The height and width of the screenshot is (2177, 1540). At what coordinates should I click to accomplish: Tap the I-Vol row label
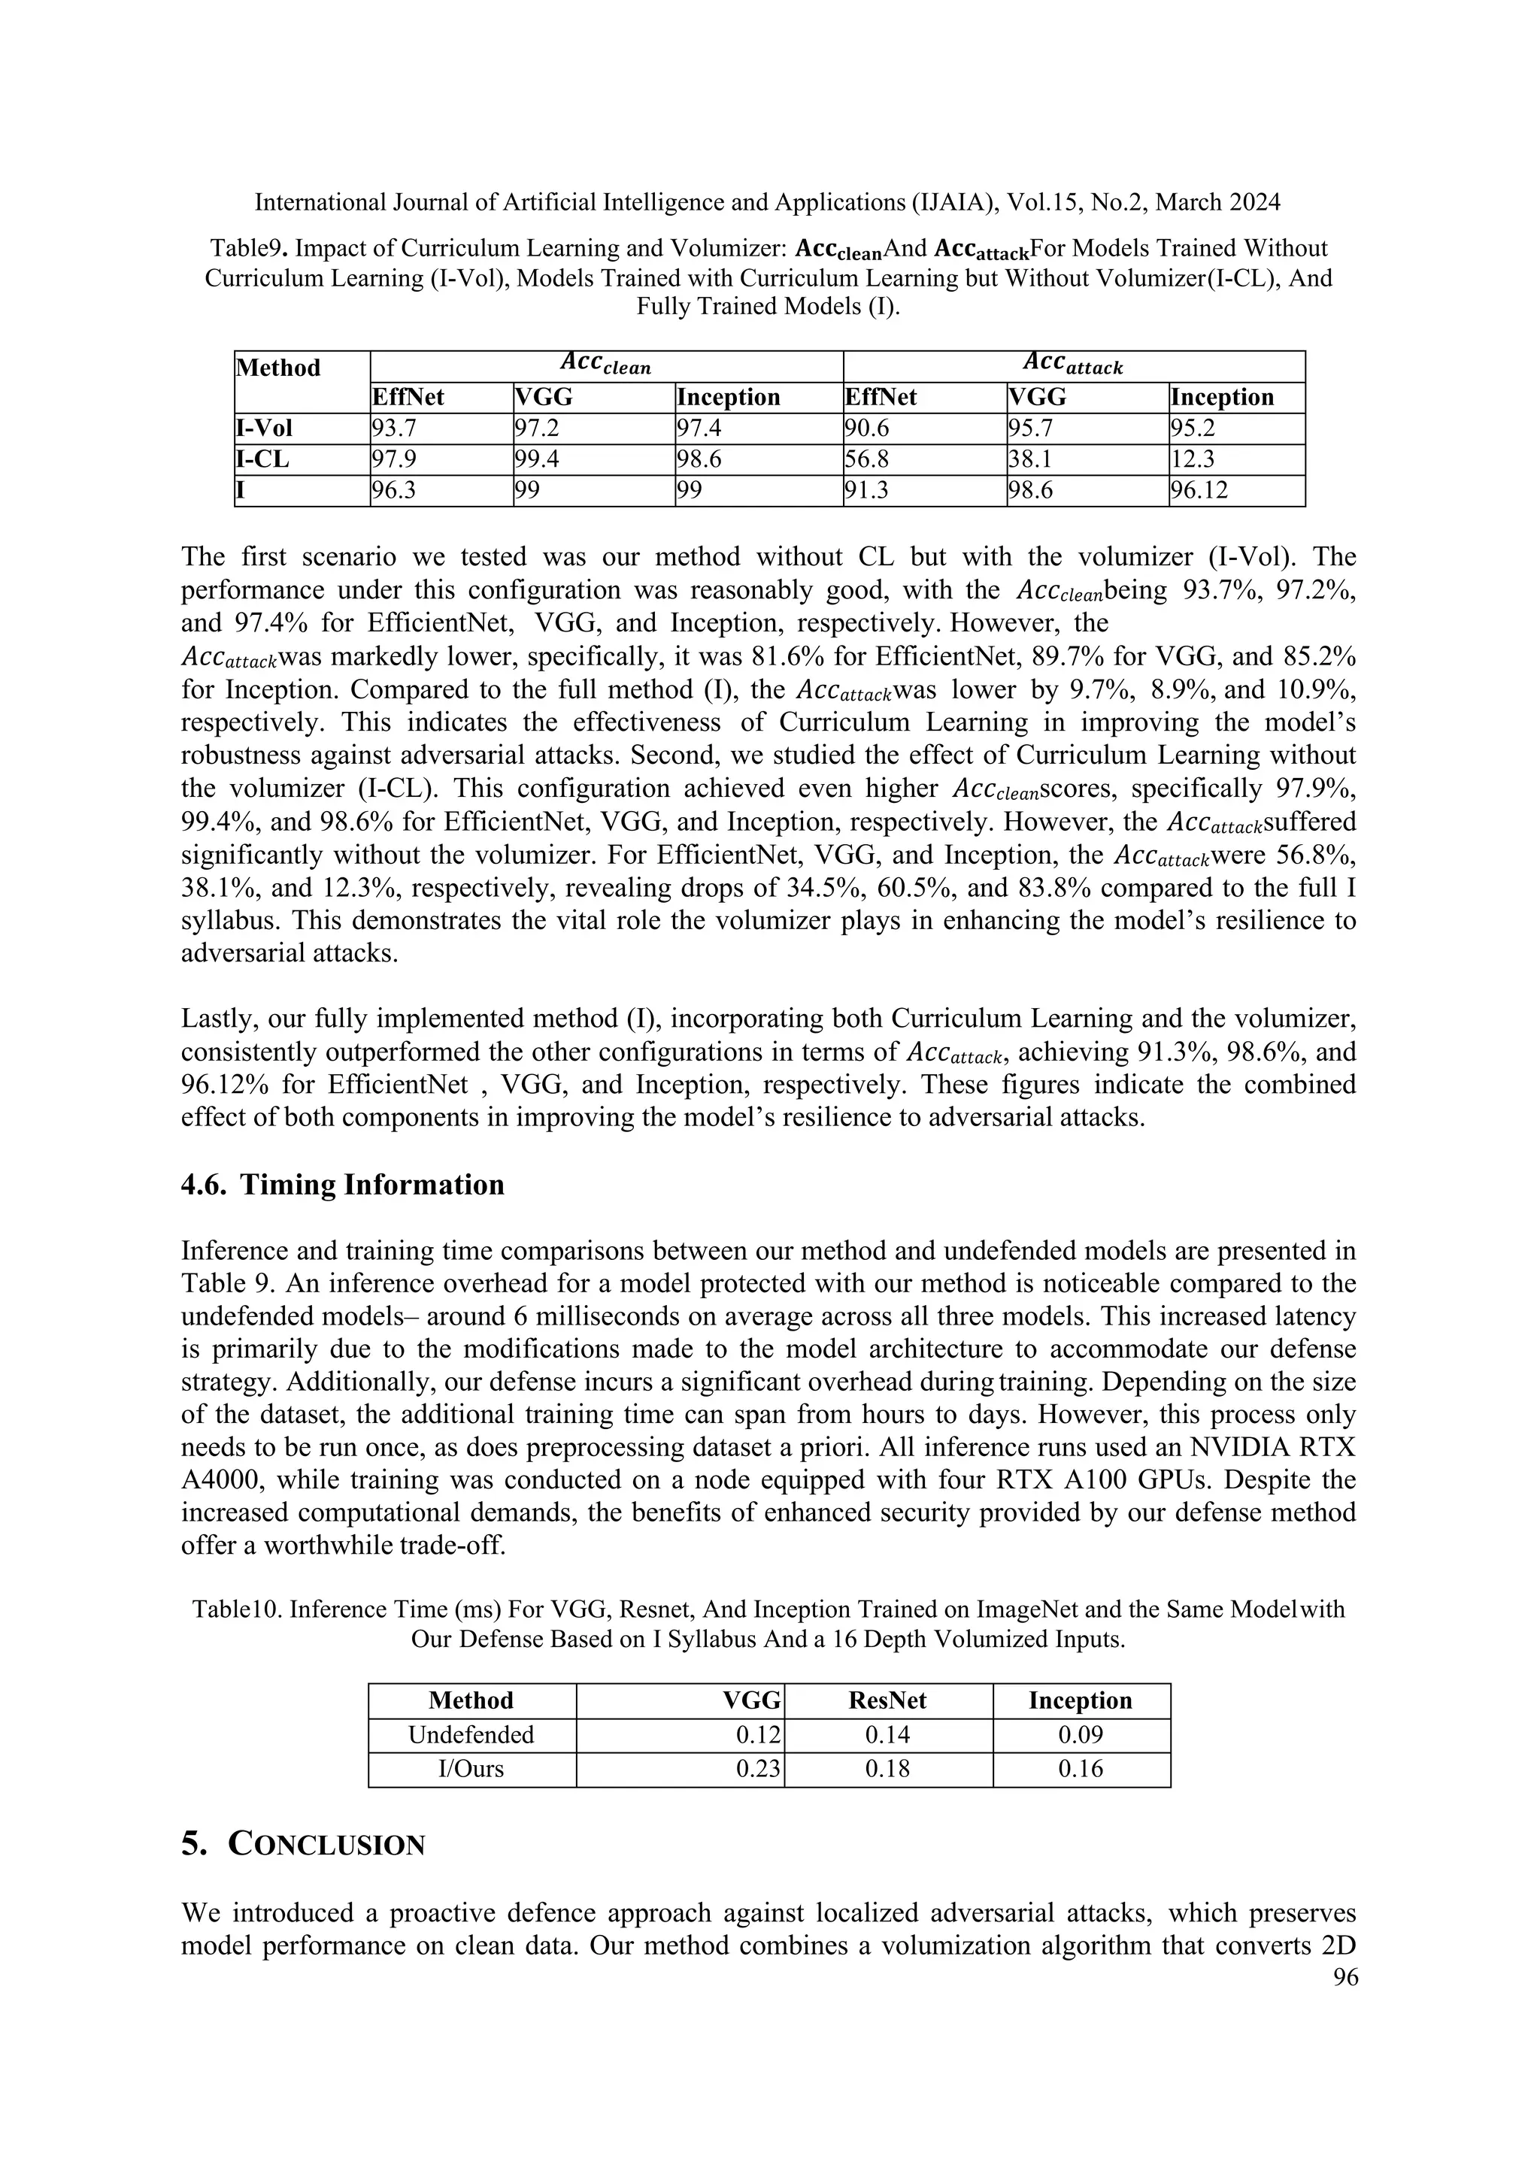(x=265, y=428)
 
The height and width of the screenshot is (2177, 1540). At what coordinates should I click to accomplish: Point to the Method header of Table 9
(x=279, y=368)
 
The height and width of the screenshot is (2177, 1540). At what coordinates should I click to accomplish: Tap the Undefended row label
(x=471, y=1734)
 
